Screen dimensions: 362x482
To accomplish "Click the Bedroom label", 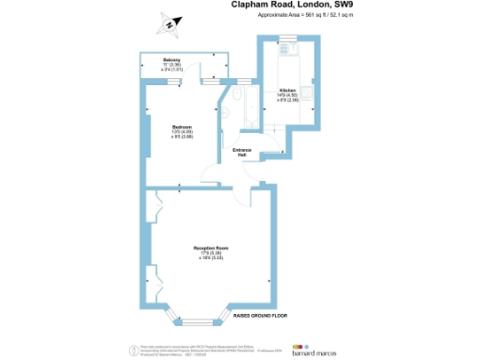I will tap(182, 126).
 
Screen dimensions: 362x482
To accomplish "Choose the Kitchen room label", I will tap(286, 90).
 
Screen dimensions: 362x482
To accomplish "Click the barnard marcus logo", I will tap(317, 346).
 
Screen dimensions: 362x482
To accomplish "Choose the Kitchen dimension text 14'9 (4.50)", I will tap(286, 94).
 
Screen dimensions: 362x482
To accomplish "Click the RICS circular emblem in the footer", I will tap(131, 349).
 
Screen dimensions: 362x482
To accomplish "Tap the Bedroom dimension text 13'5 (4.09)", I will tap(182, 131).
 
